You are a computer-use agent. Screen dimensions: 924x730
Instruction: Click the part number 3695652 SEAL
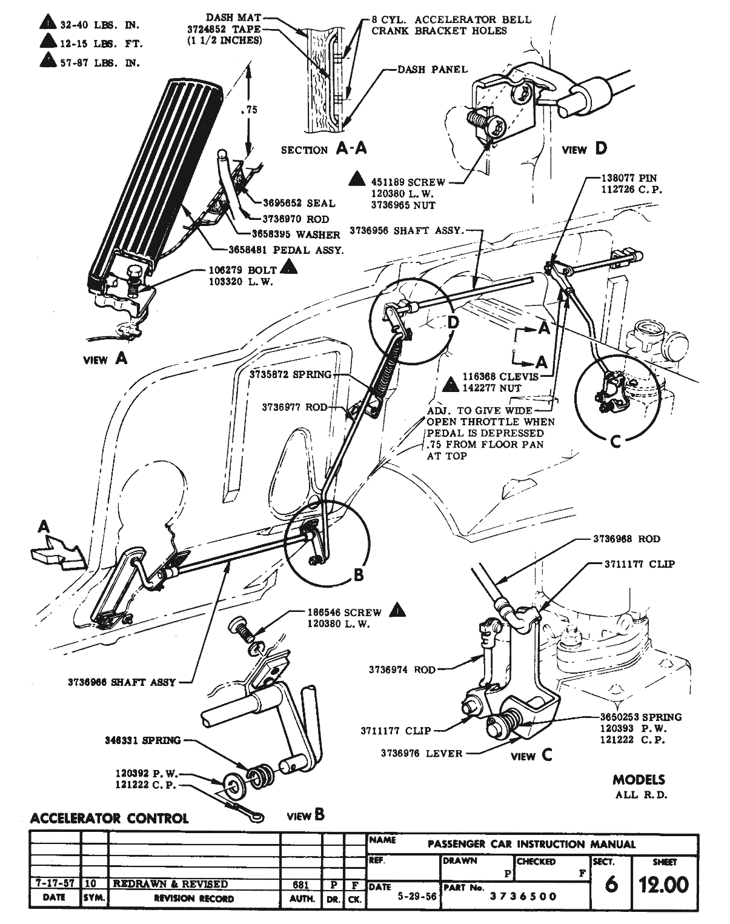tap(299, 203)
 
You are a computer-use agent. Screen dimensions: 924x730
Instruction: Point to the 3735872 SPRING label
tap(290, 375)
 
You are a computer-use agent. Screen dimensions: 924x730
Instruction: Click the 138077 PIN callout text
tap(629, 179)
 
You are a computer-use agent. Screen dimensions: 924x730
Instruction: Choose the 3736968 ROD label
tap(626, 539)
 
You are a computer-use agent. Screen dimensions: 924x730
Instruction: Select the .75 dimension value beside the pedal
tap(248, 110)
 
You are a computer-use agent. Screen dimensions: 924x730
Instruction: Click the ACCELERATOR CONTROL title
tap(110, 818)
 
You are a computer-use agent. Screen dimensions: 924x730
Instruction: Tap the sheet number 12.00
tap(664, 885)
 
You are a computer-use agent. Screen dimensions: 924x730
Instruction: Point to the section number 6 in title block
tap(611, 885)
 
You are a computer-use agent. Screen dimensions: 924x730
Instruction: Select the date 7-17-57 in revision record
tap(55, 884)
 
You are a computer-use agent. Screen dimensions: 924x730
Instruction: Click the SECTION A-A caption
tap(324, 149)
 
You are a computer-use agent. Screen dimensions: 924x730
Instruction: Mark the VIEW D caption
tap(584, 148)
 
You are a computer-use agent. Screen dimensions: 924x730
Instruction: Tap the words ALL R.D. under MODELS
tap(641, 795)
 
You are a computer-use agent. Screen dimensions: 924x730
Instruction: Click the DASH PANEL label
tap(433, 70)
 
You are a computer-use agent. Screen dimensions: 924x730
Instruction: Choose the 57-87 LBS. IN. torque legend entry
tap(99, 62)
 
